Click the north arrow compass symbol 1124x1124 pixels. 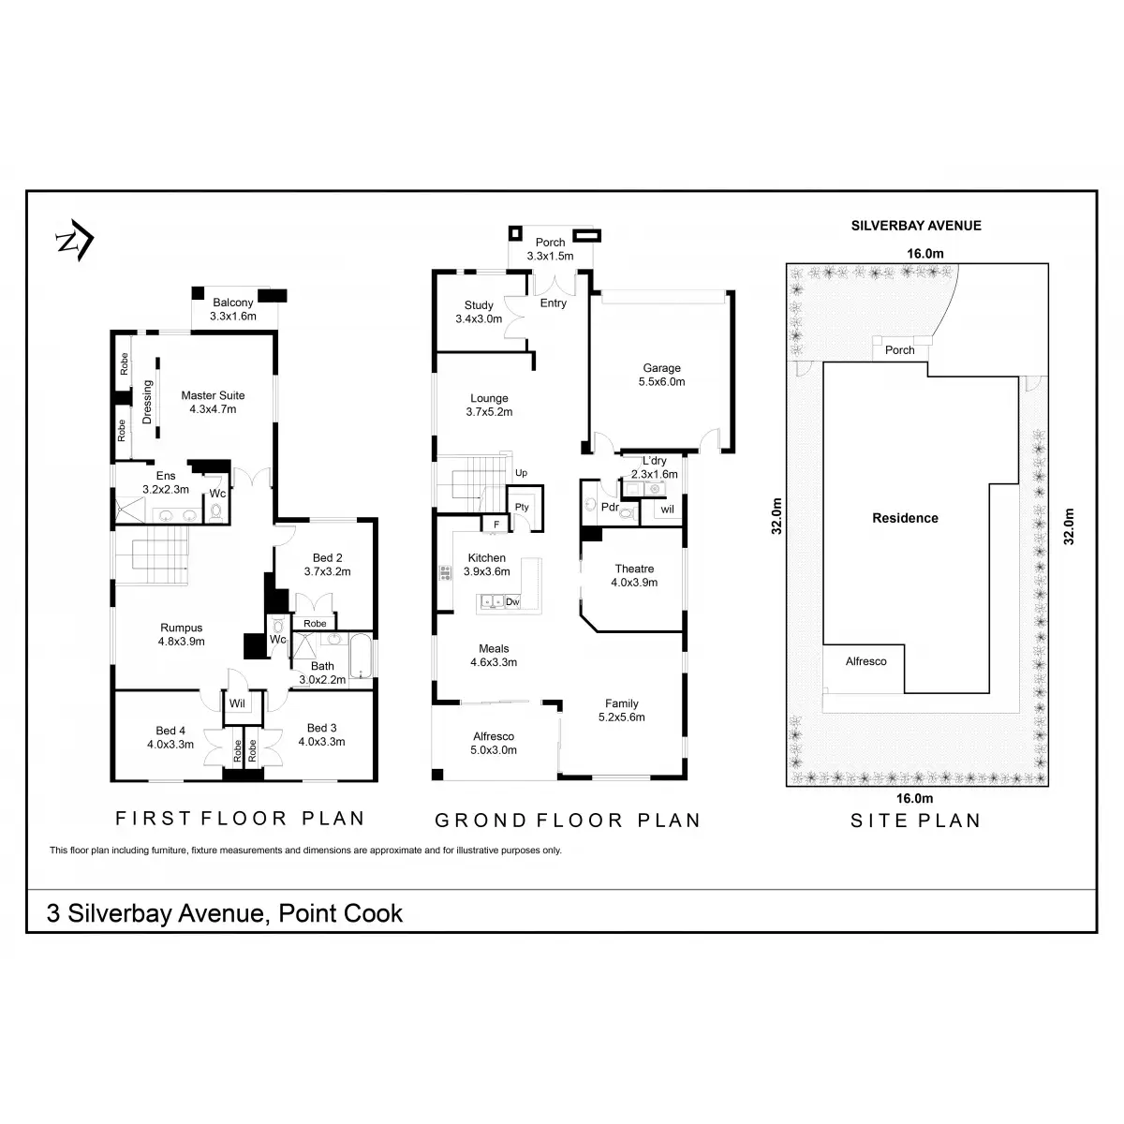tap(73, 243)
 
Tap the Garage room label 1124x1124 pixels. tap(661, 368)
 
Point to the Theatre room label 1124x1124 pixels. tap(634, 569)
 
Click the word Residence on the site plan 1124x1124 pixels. tap(905, 518)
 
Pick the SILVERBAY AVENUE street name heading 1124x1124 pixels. tap(915, 225)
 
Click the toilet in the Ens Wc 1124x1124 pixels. tap(216, 511)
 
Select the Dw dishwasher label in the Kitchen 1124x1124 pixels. tap(512, 602)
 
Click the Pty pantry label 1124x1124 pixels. tap(521, 507)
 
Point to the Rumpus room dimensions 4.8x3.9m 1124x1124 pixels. tap(182, 642)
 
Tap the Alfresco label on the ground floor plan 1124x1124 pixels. tap(494, 736)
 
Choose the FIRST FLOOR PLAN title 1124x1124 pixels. tap(240, 819)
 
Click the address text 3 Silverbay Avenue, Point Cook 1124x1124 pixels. tap(225, 912)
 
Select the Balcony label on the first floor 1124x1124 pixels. tap(232, 303)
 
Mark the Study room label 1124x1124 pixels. tap(479, 305)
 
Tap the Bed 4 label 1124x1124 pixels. tap(170, 730)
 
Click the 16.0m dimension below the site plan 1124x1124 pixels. tap(915, 799)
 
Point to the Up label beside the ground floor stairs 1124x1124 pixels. tap(521, 473)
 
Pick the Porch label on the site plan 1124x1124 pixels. tap(899, 350)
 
